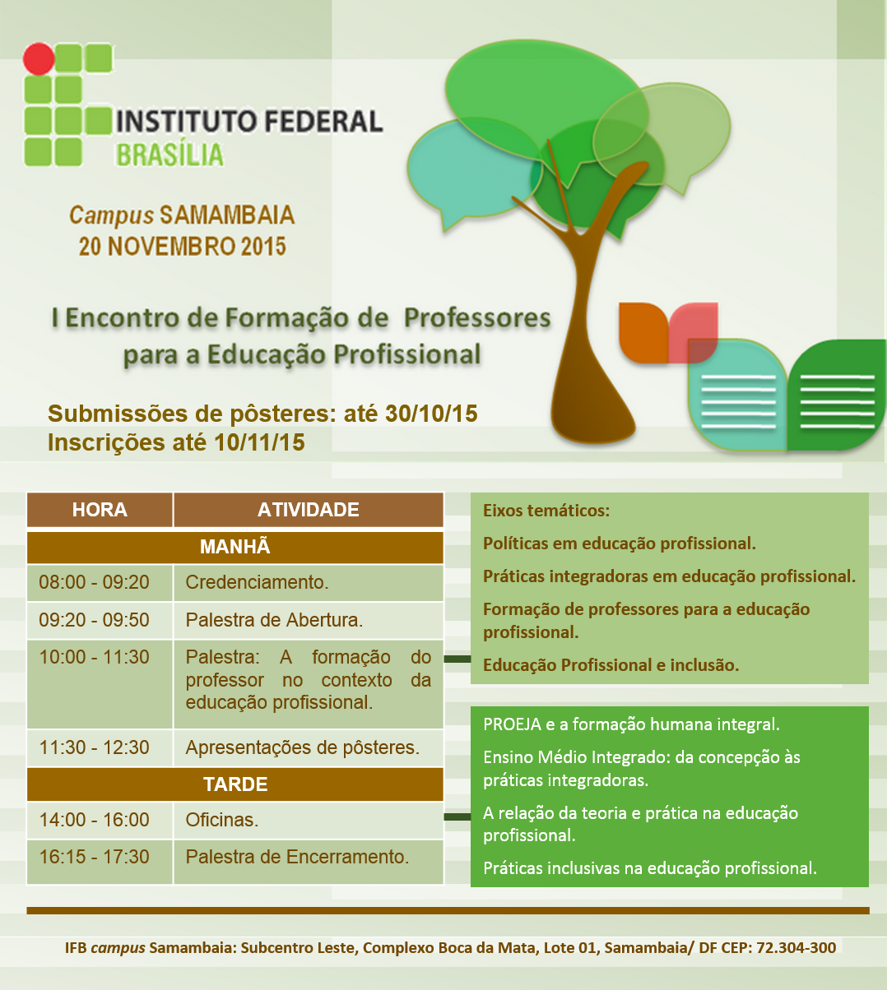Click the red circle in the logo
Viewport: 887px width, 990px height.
click(x=39, y=59)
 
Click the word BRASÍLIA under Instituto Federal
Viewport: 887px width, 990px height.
click(x=170, y=155)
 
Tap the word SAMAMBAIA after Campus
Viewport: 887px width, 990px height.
click(x=227, y=215)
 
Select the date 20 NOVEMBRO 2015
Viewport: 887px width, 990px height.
click(x=183, y=247)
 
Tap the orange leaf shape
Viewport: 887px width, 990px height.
click(x=643, y=332)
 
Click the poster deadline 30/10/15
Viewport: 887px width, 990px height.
click(x=431, y=414)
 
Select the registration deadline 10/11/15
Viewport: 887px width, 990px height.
click(x=259, y=442)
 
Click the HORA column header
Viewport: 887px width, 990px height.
click(x=100, y=510)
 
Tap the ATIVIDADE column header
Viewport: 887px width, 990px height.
click(x=309, y=510)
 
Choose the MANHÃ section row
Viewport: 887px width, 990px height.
click(x=235, y=547)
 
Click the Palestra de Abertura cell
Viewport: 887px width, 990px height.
click(x=309, y=620)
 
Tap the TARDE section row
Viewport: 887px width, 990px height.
click(x=235, y=784)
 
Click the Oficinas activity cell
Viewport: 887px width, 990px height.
click(x=309, y=820)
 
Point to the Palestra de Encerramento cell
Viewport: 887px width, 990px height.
click(x=309, y=862)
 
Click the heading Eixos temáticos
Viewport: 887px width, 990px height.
click(x=546, y=511)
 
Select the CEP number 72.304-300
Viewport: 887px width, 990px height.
click(x=796, y=947)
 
